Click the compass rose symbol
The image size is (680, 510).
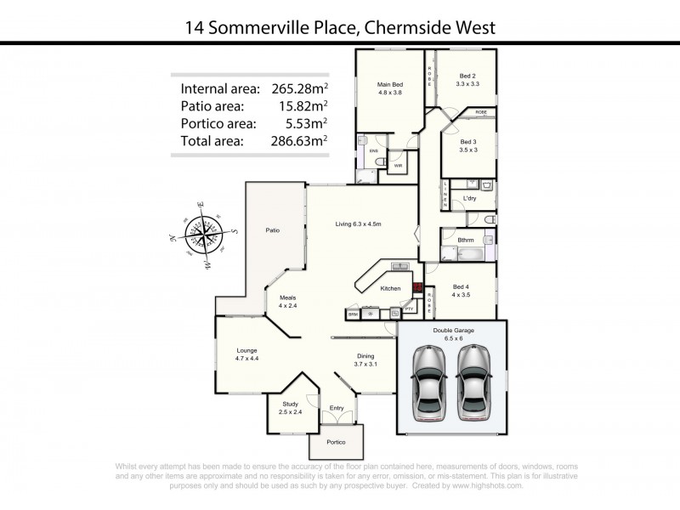[202, 231]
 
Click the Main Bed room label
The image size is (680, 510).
[389, 85]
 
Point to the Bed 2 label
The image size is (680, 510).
[468, 75]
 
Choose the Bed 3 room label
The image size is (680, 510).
[468, 142]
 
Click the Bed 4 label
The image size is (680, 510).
[462, 288]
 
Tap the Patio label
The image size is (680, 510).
[272, 230]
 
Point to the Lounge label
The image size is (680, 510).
[246, 350]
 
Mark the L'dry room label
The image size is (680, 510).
[468, 199]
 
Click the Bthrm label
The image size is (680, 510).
[466, 241]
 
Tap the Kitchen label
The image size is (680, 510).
[390, 289]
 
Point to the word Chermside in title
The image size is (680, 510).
[407, 27]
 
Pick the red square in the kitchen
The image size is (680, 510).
[416, 287]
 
